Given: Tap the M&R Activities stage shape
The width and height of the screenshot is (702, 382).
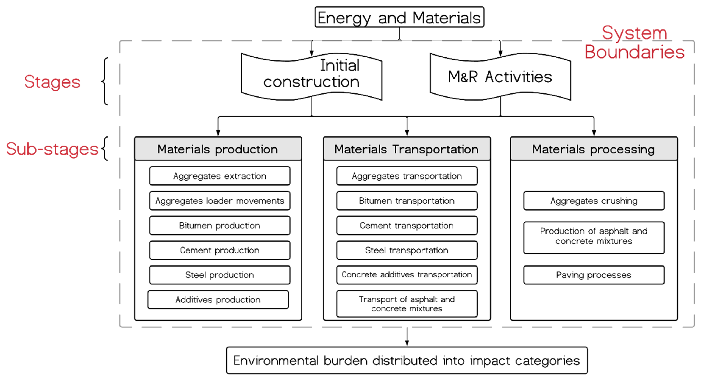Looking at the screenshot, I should click(500, 77).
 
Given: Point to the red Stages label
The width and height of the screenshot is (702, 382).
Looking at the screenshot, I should click(52, 82).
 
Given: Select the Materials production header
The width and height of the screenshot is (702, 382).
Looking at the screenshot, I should click(218, 149).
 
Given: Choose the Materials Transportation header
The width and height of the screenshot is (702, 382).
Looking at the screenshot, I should click(407, 149).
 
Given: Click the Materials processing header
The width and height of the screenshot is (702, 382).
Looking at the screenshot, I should click(594, 149).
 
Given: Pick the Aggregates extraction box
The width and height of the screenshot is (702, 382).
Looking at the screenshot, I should click(220, 176).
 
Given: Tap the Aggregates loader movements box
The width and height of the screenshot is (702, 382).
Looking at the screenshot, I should click(220, 201).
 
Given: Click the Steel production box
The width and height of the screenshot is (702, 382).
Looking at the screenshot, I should click(220, 275).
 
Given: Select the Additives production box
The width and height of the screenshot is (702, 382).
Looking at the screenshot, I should click(218, 300).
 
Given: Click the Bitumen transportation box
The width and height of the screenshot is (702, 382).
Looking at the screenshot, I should click(407, 201).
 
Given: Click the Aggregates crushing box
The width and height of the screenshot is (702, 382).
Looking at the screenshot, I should click(594, 201).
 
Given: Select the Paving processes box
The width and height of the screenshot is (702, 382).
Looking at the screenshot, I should click(594, 275).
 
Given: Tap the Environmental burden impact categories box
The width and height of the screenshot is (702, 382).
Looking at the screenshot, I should click(407, 360).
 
